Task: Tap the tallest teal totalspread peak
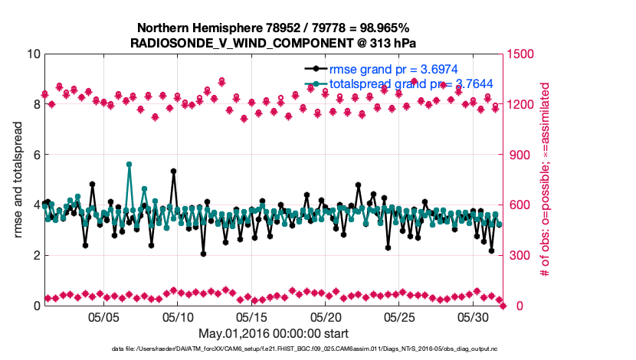tap(129, 164)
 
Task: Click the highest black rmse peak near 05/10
tap(174, 172)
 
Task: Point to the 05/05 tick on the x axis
tap(104, 316)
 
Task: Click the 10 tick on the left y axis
tap(33, 54)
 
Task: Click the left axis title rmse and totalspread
tap(17, 180)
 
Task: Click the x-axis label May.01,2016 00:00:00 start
tap(274, 333)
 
